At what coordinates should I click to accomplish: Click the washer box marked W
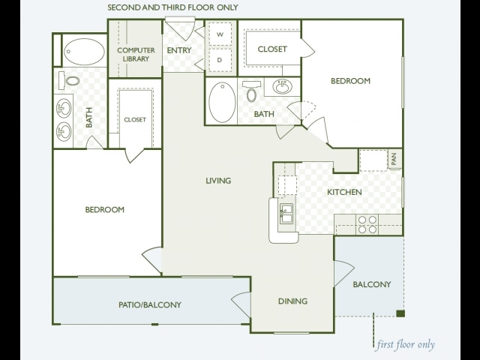220,34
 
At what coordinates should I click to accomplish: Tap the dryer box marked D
220,60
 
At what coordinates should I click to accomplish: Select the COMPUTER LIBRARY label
136,55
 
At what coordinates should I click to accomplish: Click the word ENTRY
179,50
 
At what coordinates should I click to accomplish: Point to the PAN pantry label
394,159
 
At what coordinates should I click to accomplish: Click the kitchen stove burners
367,224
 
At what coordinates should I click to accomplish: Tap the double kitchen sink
286,214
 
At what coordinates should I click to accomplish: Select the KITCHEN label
344,192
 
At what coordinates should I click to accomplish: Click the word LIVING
218,181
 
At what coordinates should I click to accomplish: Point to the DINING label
292,301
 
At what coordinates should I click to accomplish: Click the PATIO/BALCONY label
150,304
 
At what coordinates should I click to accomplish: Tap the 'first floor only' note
406,345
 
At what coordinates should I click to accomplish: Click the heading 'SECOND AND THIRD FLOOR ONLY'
172,7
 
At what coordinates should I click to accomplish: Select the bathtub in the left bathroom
84,52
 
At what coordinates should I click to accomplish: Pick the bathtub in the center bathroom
222,102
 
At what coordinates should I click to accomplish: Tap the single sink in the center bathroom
282,87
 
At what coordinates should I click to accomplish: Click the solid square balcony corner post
400,313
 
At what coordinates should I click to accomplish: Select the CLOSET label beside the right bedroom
272,49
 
